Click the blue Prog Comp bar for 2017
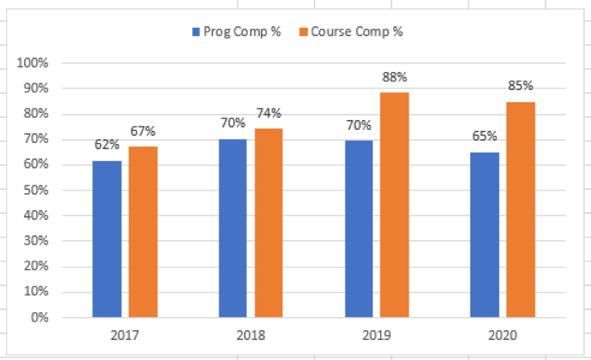(107, 238)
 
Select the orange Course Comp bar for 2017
(143, 232)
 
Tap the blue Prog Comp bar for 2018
(233, 228)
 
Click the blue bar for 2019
(359, 228)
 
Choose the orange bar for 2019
(395, 205)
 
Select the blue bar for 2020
(485, 235)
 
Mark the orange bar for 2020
(521, 209)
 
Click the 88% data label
(394, 77)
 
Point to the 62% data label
(107, 144)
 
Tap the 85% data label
(520, 85)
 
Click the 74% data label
(269, 113)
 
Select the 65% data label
(485, 136)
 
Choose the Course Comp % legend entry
(352, 32)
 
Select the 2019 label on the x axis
(377, 335)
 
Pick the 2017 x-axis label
(125, 335)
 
